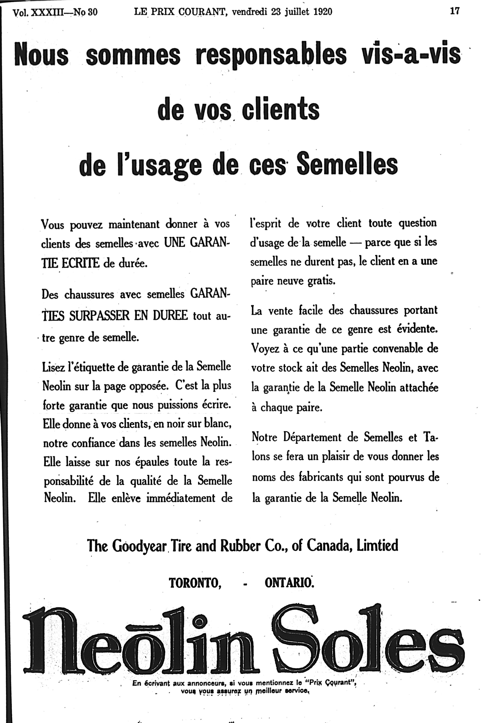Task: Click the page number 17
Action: (455, 11)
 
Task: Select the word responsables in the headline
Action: (272, 55)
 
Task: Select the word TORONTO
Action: (195, 583)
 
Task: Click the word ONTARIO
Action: (289, 583)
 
